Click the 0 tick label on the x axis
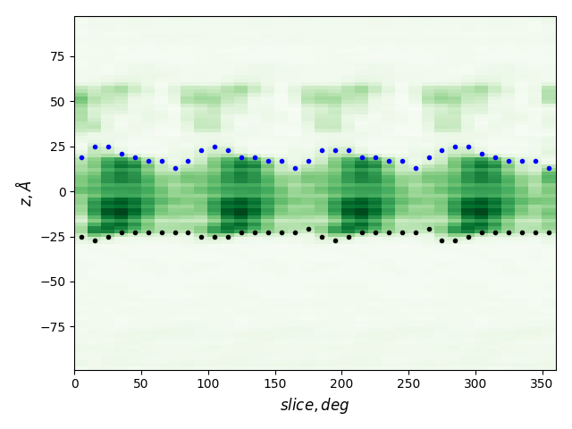pos(74,383)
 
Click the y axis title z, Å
pos(25,192)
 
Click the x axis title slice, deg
pos(315,406)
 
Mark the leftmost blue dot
pos(81,157)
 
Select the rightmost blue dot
pos(549,168)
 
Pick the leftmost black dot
pos(81,237)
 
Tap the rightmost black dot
pos(549,232)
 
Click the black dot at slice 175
pos(308,229)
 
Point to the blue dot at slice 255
pos(416,168)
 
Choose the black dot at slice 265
pos(429,229)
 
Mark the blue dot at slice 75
pos(175,168)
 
